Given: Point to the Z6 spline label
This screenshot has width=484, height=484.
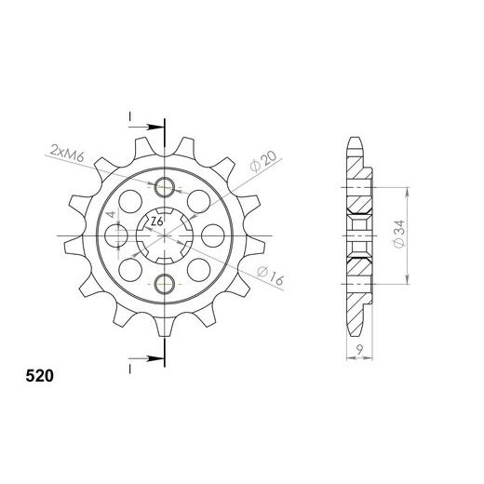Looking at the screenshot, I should tap(157, 223).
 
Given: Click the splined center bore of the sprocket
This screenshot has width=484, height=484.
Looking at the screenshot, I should tap(166, 233).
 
